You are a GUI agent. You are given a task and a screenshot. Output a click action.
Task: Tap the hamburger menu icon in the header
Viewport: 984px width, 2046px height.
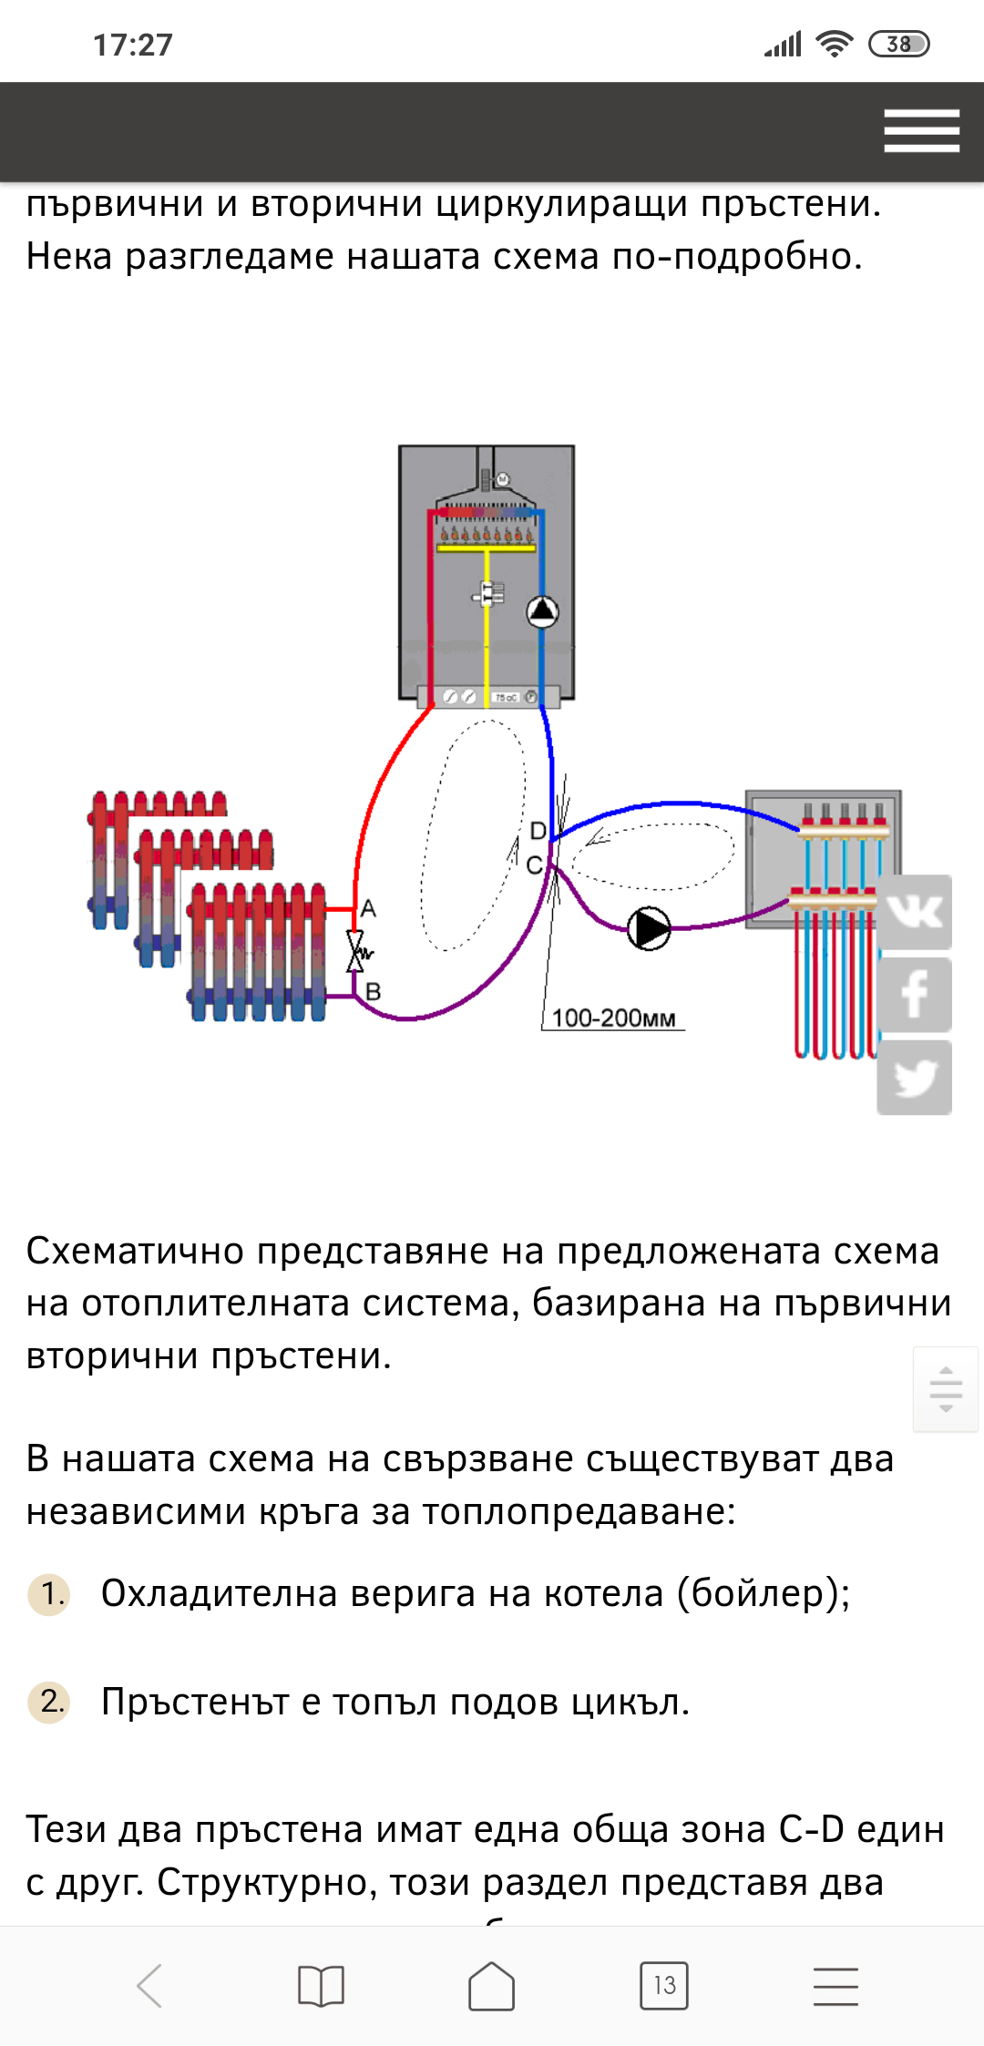click(921, 130)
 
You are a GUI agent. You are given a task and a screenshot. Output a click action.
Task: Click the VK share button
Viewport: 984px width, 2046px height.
click(914, 912)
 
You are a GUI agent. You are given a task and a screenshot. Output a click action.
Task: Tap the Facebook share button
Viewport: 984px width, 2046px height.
click(914, 995)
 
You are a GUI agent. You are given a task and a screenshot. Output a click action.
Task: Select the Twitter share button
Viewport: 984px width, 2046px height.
click(914, 1078)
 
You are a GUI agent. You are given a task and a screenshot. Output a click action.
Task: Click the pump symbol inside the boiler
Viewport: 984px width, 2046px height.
click(543, 611)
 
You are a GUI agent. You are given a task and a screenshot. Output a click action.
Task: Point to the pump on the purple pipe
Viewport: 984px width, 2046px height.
click(650, 928)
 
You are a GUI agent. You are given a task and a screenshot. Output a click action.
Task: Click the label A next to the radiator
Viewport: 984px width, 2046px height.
click(368, 908)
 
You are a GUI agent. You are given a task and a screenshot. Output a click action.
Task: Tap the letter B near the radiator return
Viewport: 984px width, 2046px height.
click(373, 991)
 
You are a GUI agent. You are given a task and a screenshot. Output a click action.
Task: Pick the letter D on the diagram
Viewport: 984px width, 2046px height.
click(538, 831)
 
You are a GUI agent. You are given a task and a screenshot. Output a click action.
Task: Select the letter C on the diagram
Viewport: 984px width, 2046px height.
click(535, 864)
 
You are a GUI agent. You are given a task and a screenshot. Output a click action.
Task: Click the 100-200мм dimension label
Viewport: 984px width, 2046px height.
click(613, 1018)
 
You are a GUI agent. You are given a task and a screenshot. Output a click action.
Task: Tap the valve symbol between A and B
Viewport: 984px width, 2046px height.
click(356, 951)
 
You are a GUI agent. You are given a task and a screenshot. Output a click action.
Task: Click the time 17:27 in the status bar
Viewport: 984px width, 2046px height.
click(133, 45)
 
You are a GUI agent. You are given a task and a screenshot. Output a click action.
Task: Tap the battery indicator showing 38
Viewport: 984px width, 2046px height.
click(898, 44)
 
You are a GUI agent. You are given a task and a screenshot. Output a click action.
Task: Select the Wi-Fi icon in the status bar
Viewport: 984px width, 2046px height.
click(834, 44)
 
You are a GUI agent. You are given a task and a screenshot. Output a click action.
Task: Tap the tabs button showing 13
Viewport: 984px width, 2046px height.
click(664, 1985)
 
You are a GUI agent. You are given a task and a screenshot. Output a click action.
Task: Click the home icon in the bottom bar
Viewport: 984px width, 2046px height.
click(492, 1985)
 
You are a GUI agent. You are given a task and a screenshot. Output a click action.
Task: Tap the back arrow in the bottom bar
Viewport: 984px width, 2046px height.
click(150, 1985)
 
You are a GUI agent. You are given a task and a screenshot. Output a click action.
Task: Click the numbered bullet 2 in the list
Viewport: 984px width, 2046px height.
click(50, 1702)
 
